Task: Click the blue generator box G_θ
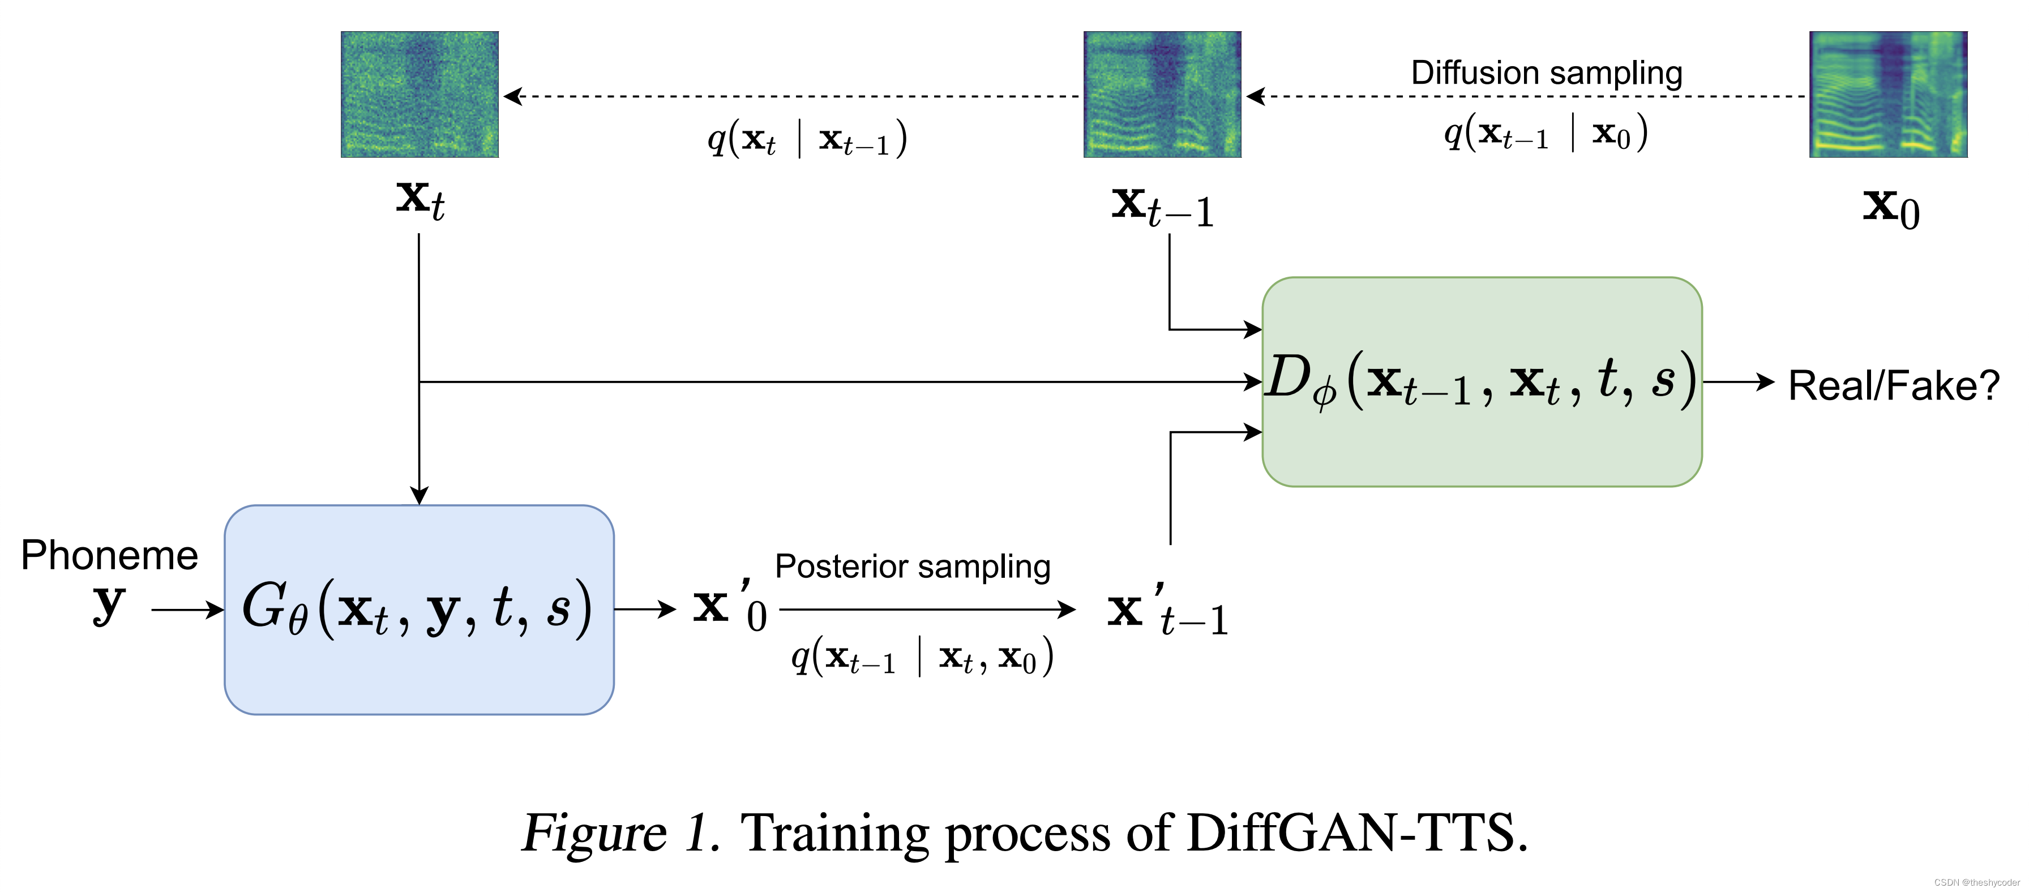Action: (x=418, y=609)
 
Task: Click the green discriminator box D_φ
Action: (x=1481, y=382)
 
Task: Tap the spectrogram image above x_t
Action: (x=419, y=95)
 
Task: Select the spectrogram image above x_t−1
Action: (x=1162, y=95)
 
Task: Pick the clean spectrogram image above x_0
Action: (x=1887, y=95)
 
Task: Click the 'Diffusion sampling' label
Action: (x=1546, y=72)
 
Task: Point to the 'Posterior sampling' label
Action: (x=912, y=566)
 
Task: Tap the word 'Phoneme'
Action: (x=109, y=555)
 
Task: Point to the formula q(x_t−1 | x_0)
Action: (x=1546, y=132)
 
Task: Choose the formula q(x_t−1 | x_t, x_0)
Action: (x=922, y=656)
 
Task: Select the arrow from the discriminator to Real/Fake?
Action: (x=1737, y=382)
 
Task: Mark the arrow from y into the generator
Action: (x=187, y=609)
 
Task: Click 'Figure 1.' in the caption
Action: (x=620, y=833)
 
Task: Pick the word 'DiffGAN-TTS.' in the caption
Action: (x=1356, y=833)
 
